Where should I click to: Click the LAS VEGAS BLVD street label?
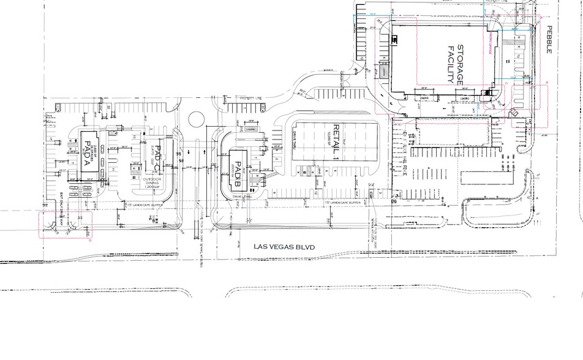[x=284, y=246]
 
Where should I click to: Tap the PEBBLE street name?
[x=549, y=40]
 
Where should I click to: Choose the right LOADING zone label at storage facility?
[x=464, y=97]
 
